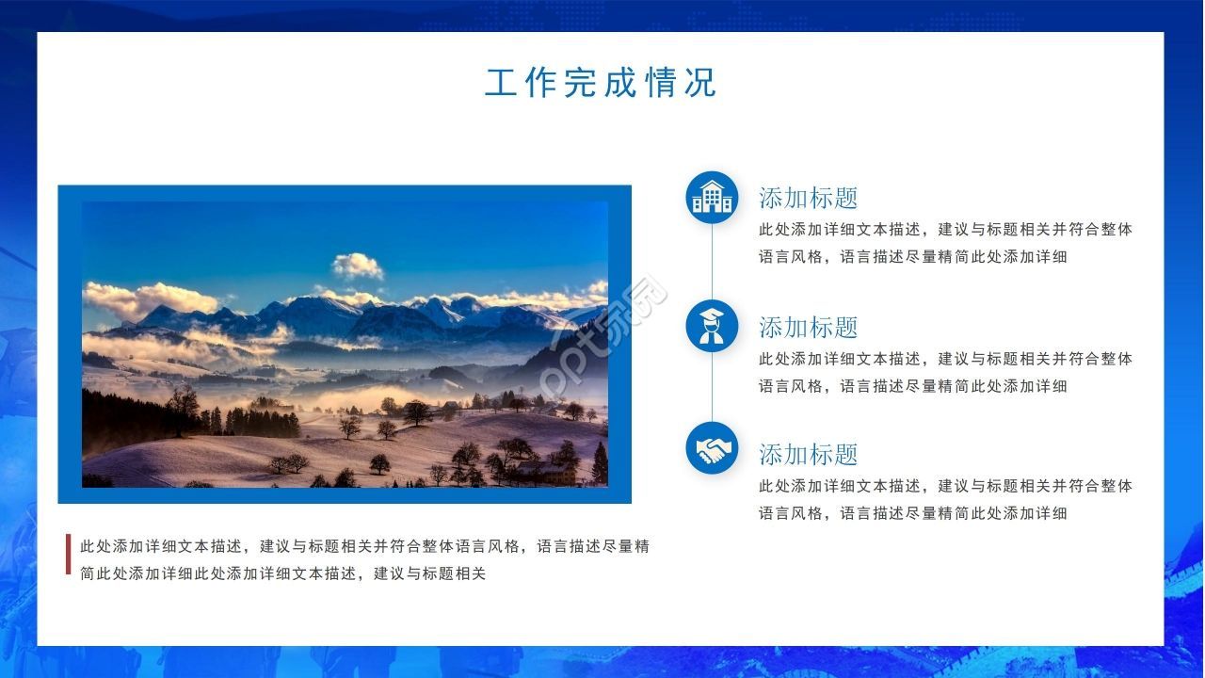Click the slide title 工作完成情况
pyautogui.click(x=601, y=83)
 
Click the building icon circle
pyautogui.click(x=712, y=198)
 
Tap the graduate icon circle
pyautogui.click(x=712, y=326)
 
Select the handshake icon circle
pyautogui.click(x=712, y=449)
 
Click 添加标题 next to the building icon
pyautogui.click(x=808, y=198)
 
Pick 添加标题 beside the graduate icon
pyautogui.click(x=808, y=327)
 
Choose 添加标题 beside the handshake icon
pyautogui.click(x=808, y=455)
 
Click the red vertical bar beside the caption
pyautogui.click(x=69, y=554)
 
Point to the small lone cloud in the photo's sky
pyautogui.click(x=357, y=266)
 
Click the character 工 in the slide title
pyautogui.click(x=501, y=83)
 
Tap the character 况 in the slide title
pyautogui.click(x=700, y=83)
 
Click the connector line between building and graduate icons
pyautogui.click(x=713, y=262)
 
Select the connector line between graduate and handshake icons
pyautogui.click(x=713, y=387)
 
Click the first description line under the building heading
pyautogui.click(x=946, y=230)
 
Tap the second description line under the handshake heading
pyautogui.click(x=913, y=513)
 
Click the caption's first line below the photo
pyautogui.click(x=364, y=547)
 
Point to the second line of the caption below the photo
pyautogui.click(x=283, y=573)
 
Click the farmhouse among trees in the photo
pyautogui.click(x=546, y=473)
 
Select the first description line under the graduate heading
pyautogui.click(x=946, y=359)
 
